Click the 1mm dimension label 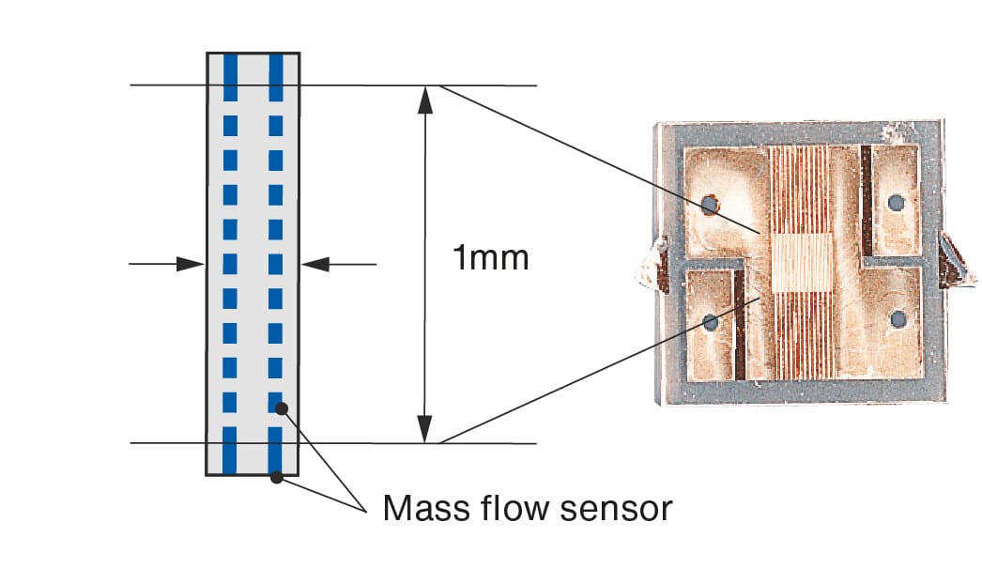pos(490,257)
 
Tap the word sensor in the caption pos(616,510)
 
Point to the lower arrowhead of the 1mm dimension pos(425,429)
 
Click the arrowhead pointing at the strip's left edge pos(191,264)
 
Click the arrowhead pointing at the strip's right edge pos(315,264)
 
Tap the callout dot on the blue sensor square pos(282,408)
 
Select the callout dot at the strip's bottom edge pos(276,478)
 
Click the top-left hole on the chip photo pos(709,205)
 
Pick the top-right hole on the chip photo pos(897,203)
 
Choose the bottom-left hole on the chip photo pos(710,323)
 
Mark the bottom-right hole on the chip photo pos(898,319)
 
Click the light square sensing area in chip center pos(802,263)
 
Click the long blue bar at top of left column pos(230,78)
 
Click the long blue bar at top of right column pos(276,78)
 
